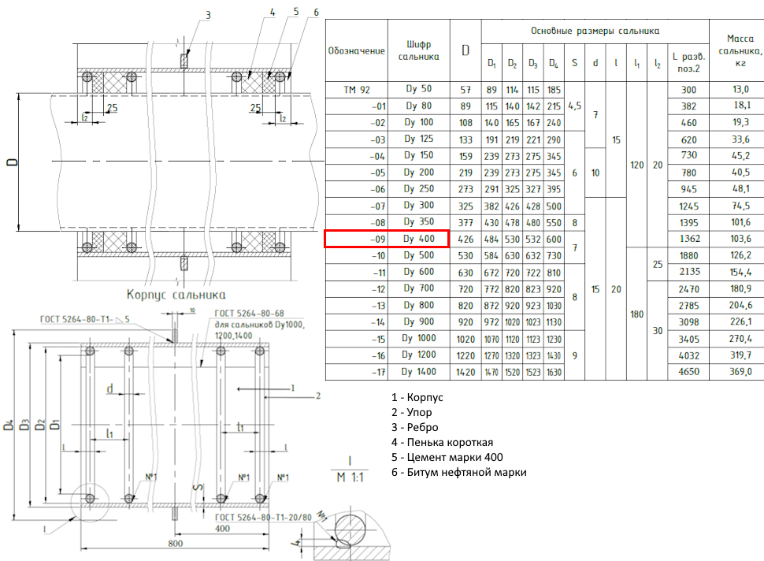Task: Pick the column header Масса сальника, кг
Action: coord(736,50)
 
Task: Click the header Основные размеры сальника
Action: coord(595,32)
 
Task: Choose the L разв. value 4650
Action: coord(688,372)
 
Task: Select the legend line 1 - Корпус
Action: coord(419,398)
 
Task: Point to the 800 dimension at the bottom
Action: coord(176,543)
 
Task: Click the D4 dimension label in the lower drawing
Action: coord(9,425)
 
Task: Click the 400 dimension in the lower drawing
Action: coord(223,528)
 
